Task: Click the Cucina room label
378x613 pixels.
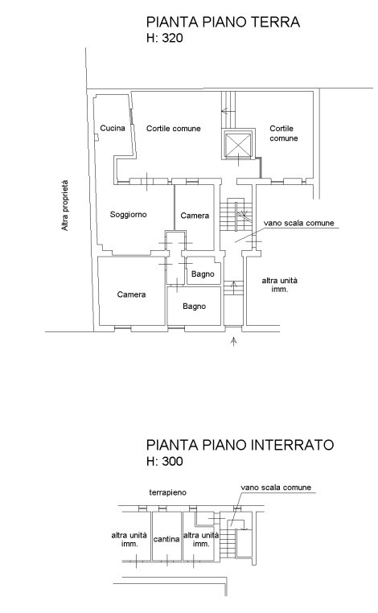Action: click(x=113, y=128)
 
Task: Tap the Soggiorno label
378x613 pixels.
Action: click(x=128, y=214)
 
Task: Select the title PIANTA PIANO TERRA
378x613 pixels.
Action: click(x=223, y=22)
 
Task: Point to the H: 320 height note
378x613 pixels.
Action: click(x=165, y=38)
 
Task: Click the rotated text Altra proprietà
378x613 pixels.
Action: click(x=65, y=205)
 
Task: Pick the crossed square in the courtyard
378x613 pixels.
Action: click(x=237, y=144)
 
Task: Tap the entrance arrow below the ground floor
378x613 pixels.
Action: click(x=234, y=341)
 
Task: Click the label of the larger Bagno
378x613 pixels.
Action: click(x=195, y=306)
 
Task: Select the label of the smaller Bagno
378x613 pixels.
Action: click(x=203, y=274)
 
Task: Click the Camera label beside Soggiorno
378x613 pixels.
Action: click(x=195, y=216)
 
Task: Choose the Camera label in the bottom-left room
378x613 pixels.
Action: click(x=131, y=294)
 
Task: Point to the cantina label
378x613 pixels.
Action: click(x=166, y=539)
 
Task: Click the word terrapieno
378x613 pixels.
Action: click(x=168, y=492)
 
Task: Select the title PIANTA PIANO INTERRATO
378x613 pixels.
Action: click(x=240, y=445)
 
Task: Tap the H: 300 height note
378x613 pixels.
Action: click(x=165, y=461)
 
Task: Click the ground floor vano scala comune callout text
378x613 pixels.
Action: click(x=299, y=223)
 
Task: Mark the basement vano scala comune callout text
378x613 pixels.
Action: click(x=276, y=488)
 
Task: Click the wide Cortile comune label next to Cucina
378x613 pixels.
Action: click(x=174, y=128)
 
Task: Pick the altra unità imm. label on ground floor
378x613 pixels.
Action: click(x=280, y=285)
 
